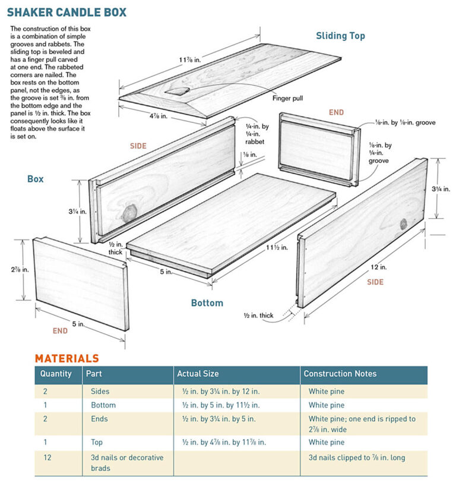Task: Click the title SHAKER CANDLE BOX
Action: pos(66,12)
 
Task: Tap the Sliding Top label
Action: pos(340,36)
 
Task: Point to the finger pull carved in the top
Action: pos(178,91)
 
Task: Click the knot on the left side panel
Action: pos(129,212)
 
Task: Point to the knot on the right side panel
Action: pos(403,223)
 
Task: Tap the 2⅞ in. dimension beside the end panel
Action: pos(13,269)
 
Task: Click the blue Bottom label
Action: pos(207,303)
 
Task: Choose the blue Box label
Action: pos(35,178)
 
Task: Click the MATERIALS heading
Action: pos(66,358)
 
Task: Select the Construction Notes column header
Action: pos(340,374)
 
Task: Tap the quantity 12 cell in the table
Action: pos(47,457)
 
